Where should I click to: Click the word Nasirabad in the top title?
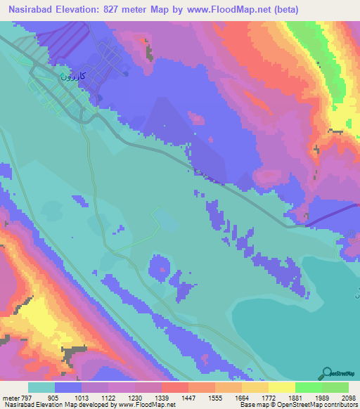point(32,9)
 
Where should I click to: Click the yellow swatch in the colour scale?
point(281,387)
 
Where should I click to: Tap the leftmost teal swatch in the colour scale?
point(41,387)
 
